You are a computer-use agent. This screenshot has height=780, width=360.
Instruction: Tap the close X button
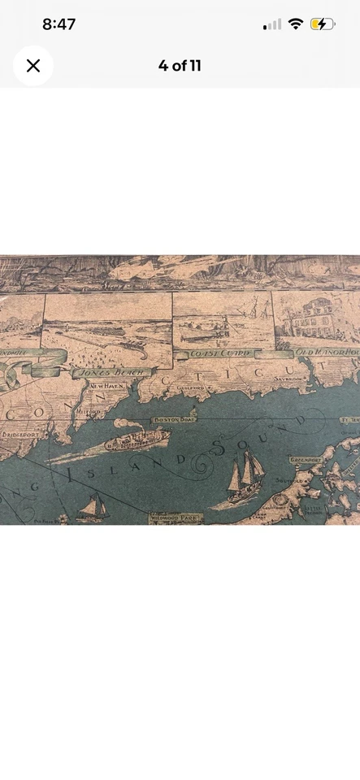[33, 66]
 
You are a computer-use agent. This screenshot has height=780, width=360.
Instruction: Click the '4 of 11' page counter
[180, 66]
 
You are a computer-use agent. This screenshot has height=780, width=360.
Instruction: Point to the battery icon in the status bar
[322, 24]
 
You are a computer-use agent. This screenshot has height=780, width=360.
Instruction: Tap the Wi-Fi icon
[295, 24]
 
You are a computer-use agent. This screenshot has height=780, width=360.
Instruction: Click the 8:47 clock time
[59, 24]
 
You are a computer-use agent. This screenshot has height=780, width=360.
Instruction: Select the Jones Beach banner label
[102, 372]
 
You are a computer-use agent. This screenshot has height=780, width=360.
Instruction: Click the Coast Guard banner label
[219, 354]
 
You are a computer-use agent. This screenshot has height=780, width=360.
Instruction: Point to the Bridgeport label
[22, 435]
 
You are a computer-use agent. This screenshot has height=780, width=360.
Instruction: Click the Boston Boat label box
[171, 419]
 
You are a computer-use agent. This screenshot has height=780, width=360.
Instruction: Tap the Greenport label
[306, 460]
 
